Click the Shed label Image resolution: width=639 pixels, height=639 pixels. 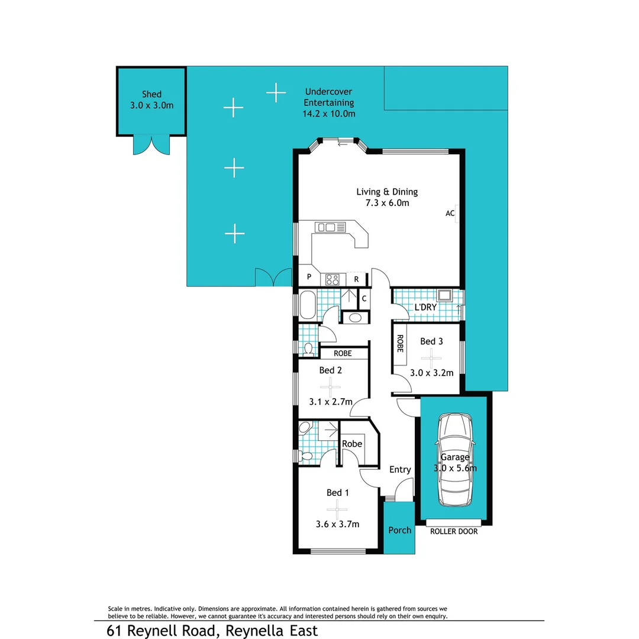pyautogui.click(x=151, y=94)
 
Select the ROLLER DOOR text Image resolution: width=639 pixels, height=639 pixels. pyautogui.click(x=454, y=531)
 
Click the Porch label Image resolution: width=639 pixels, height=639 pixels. pyautogui.click(x=399, y=530)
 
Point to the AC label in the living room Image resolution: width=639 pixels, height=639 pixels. pyautogui.click(x=450, y=214)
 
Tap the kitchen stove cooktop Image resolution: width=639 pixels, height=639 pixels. pyautogui.click(x=333, y=279)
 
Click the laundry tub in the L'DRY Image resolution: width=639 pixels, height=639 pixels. pyautogui.click(x=444, y=296)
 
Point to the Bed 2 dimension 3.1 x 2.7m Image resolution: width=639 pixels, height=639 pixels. pyautogui.click(x=331, y=401)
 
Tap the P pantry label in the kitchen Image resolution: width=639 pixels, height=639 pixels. pyautogui.click(x=309, y=277)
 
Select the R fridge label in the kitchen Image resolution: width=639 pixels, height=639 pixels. pyautogui.click(x=356, y=279)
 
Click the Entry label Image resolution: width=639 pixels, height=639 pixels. pyautogui.click(x=400, y=470)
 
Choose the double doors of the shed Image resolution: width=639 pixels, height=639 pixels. pyautogui.click(x=151, y=145)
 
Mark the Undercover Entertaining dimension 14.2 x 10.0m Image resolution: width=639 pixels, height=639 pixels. pyautogui.click(x=329, y=114)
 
